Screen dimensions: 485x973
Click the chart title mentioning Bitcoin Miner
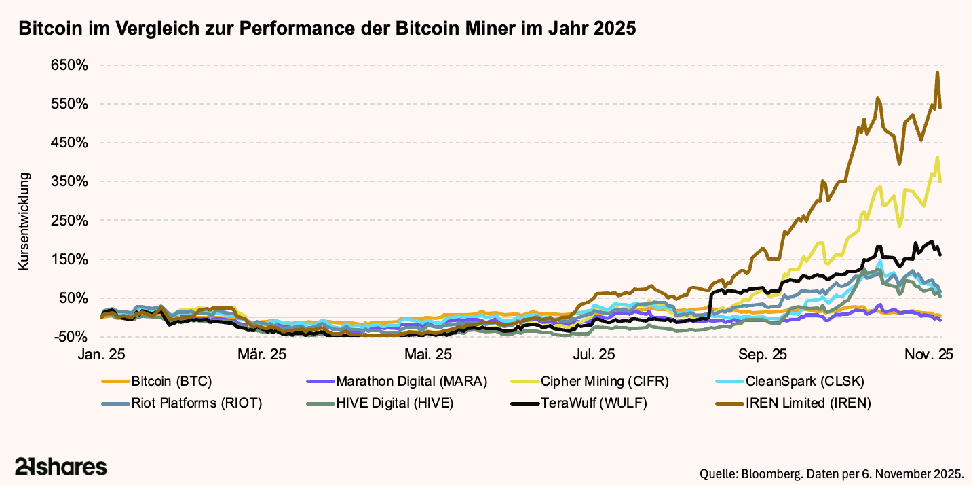pyautogui.click(x=327, y=29)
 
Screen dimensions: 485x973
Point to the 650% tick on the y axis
pyautogui.click(x=69, y=66)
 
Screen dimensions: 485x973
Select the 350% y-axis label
pyautogui.click(x=69, y=182)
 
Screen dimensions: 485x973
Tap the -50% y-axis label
pyautogui.click(x=69, y=337)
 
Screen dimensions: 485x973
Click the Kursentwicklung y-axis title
pyautogui.click(x=24, y=222)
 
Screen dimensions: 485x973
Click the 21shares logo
pyautogui.click(x=61, y=467)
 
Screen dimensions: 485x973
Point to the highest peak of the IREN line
pyautogui.click(x=937, y=73)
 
